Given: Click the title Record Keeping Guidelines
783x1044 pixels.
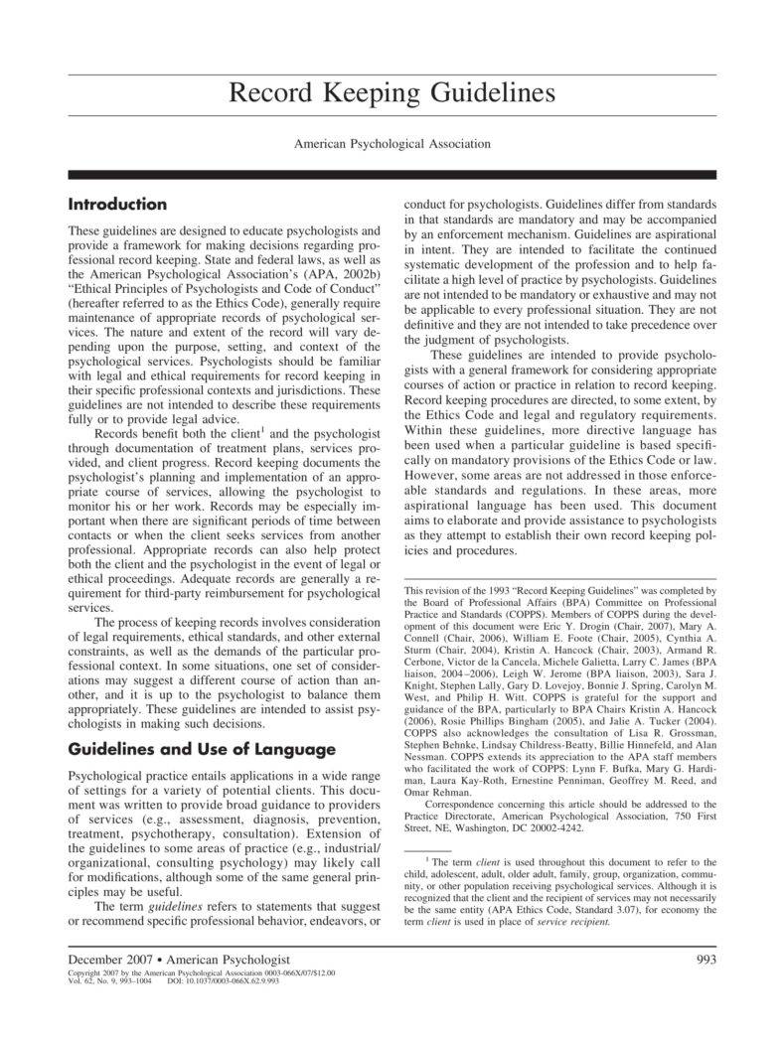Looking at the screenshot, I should [391, 94].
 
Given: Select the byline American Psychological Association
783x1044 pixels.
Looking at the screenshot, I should [391, 144].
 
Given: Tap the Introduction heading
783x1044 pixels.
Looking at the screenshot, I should [117, 205].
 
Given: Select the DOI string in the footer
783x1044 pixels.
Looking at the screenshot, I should [218, 981].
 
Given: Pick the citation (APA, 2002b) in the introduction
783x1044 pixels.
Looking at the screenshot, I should [329, 273].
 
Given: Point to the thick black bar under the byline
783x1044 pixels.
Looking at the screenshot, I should [391, 175].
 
